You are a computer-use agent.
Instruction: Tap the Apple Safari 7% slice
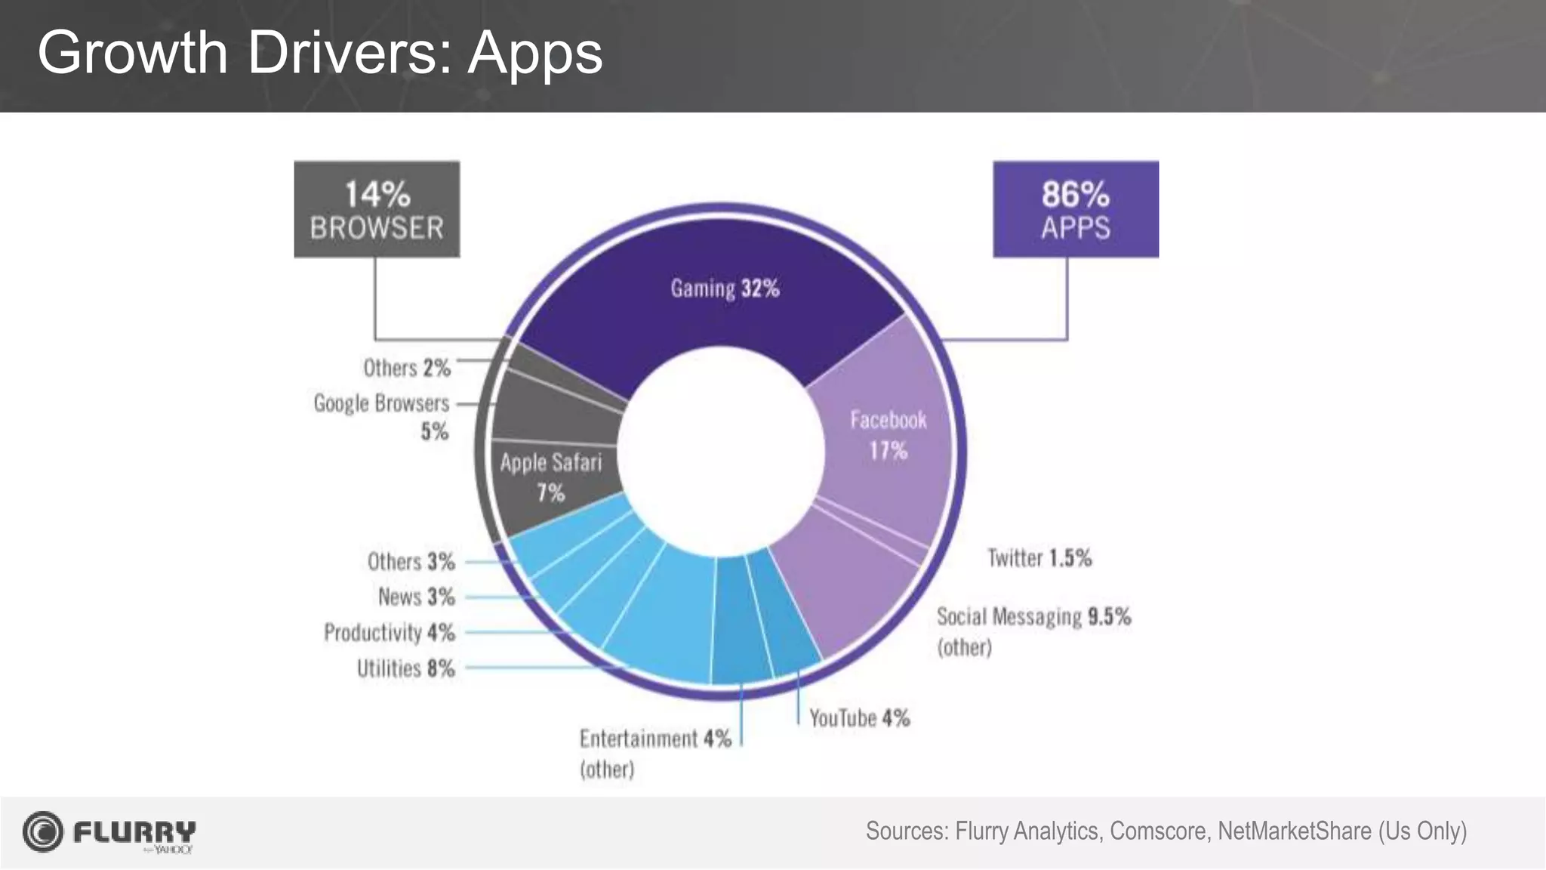(551, 477)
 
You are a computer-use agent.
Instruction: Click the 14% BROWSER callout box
(377, 209)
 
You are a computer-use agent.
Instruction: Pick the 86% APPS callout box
(1075, 209)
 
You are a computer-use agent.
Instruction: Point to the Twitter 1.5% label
(1039, 558)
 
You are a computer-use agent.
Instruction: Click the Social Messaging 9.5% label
(1033, 617)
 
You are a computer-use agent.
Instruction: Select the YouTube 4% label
(859, 717)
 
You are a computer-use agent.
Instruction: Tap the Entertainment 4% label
(655, 739)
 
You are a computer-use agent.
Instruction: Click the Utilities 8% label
(405, 668)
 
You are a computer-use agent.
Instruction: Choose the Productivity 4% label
(389, 632)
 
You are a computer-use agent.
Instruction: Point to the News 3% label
(416, 597)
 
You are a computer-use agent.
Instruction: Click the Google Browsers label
(381, 403)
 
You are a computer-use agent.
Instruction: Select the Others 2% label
(406, 368)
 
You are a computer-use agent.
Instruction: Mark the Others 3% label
(411, 562)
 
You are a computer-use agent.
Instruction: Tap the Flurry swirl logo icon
(42, 831)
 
